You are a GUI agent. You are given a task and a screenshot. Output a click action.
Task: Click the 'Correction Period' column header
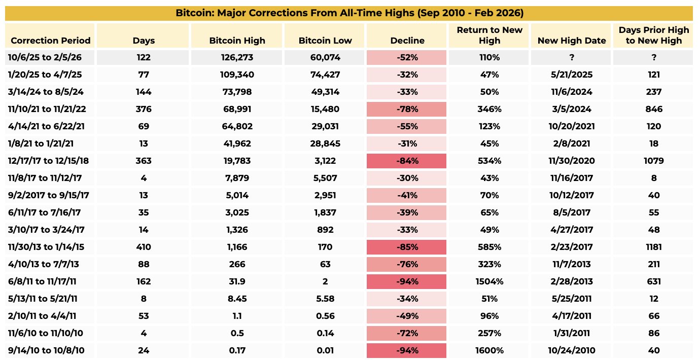point(50,41)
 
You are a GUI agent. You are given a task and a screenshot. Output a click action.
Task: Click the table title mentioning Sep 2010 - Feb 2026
point(348,13)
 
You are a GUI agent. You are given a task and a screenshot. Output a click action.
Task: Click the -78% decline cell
point(407,110)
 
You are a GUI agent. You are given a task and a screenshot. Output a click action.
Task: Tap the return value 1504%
point(489,282)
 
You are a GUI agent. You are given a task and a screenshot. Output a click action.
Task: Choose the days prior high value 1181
point(653,247)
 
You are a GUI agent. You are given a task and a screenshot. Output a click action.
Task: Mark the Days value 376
point(144,110)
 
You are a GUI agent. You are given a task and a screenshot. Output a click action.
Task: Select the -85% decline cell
point(407,247)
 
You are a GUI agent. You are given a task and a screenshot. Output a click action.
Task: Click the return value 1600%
point(489,351)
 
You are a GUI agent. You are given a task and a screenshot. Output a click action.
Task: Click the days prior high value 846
point(653,110)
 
